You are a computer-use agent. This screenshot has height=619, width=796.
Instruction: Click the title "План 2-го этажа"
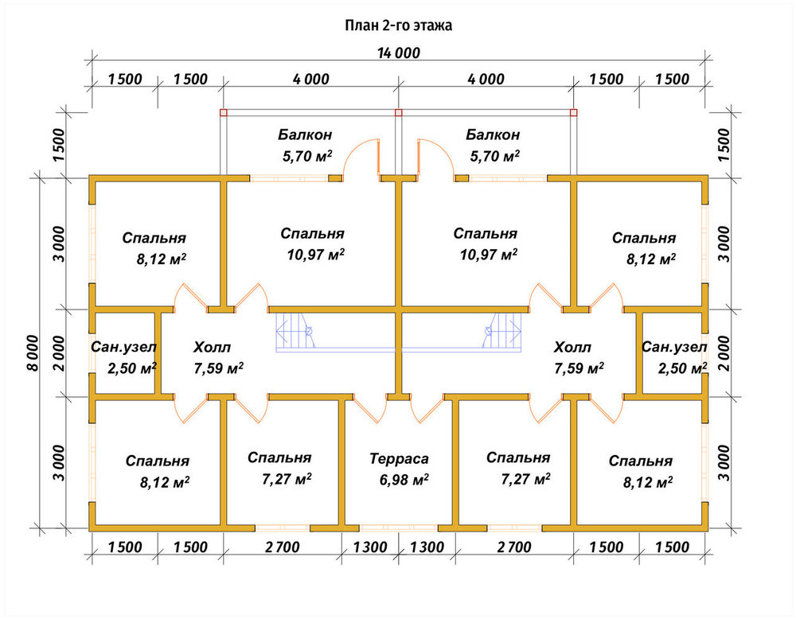coord(399,25)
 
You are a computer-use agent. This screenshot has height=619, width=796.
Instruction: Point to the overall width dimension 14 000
coord(399,53)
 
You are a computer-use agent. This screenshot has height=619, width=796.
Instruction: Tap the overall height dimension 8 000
coord(33,353)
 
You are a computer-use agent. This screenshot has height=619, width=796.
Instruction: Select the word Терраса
coord(399,458)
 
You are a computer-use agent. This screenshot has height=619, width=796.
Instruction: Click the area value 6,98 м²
coord(404,479)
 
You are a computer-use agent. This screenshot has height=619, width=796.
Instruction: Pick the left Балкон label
coord(305,134)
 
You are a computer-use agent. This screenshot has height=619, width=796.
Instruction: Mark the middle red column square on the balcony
coord(399,113)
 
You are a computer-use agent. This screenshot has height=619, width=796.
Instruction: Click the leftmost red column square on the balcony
coord(224,113)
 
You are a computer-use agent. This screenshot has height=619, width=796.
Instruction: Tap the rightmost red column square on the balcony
coord(574,113)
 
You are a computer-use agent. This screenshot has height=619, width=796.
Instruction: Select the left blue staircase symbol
coord(297,331)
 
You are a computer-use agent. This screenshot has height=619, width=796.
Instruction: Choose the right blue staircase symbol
coord(501,331)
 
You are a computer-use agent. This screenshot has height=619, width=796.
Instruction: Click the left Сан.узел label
coord(124,347)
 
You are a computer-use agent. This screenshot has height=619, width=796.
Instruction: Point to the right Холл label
coord(572,348)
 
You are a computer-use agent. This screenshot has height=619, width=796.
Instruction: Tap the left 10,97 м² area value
coord(316,254)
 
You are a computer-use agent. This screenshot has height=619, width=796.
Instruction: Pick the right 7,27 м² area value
coord(526,478)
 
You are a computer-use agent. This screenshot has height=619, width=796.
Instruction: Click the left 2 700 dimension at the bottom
coord(283,547)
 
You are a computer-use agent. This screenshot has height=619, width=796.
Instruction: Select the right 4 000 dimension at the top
coord(486,79)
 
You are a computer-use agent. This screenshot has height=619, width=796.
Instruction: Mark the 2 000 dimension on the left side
coord(59,353)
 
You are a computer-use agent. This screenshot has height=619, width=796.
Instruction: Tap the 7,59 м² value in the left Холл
coord(218,368)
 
